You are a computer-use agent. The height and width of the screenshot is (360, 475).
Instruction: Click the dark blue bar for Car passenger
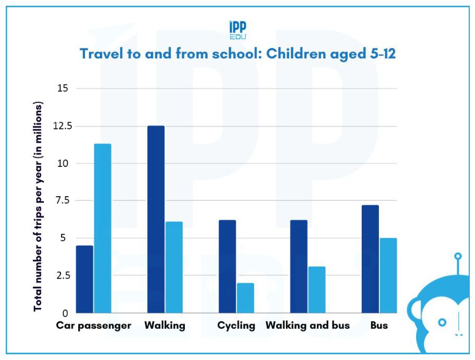coord(85,279)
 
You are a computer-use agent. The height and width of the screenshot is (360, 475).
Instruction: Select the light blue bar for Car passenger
coord(102,228)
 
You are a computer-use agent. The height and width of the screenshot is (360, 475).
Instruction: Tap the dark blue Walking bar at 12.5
coord(156,219)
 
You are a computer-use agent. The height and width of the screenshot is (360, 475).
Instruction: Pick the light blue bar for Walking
coord(174,267)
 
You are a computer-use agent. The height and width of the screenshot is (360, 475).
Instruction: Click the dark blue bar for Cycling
coord(227,266)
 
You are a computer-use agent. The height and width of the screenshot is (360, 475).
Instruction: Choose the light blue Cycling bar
coord(245,298)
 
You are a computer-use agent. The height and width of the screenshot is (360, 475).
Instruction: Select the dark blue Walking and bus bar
coord(299,266)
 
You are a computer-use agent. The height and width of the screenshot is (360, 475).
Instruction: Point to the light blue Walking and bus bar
coord(317,290)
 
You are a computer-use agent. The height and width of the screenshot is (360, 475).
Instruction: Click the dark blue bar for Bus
coord(370,259)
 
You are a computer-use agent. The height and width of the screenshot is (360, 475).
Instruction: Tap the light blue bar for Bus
coord(388,275)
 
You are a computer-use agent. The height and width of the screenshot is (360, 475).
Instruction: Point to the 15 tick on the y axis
coord(63,88)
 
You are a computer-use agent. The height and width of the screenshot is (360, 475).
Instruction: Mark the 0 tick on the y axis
coord(65,314)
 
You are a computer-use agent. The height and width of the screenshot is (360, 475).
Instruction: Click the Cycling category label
coord(236,326)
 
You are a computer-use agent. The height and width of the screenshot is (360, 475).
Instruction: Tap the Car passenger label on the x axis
coord(93,326)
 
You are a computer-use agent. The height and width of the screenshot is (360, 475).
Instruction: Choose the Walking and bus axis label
coord(307,326)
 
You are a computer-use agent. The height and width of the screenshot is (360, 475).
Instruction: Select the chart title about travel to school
coord(238,54)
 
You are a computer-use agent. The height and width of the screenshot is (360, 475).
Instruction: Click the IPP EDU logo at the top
coord(238,30)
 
